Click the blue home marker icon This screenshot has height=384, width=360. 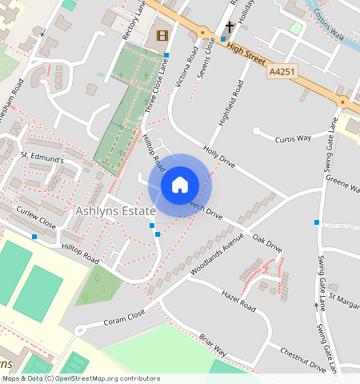(x=180, y=185)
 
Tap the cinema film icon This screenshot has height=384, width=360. (x=162, y=35)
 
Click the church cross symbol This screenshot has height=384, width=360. (x=230, y=28)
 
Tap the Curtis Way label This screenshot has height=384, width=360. (x=293, y=138)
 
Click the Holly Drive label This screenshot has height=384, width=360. (x=219, y=156)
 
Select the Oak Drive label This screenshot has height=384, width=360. (x=267, y=244)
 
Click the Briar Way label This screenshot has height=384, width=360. (x=214, y=345)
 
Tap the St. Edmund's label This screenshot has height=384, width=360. (x=42, y=158)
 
